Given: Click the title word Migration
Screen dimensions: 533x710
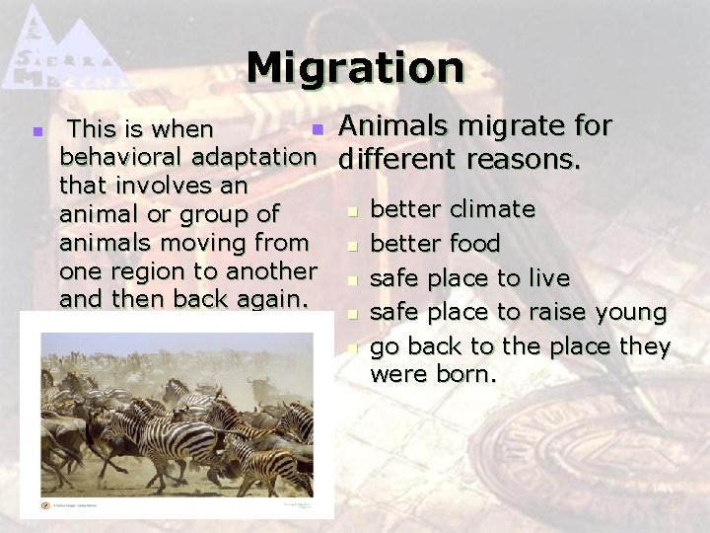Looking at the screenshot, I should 355,68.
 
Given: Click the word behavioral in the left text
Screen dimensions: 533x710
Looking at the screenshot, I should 123,157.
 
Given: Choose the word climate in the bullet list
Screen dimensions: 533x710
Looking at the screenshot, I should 492,209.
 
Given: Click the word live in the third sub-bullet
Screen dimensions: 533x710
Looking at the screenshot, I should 551,278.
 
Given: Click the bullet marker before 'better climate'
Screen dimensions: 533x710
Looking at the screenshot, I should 353,210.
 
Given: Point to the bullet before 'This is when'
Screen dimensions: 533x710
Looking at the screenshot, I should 36,130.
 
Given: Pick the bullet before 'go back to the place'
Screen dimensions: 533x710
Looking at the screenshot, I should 353,347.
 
